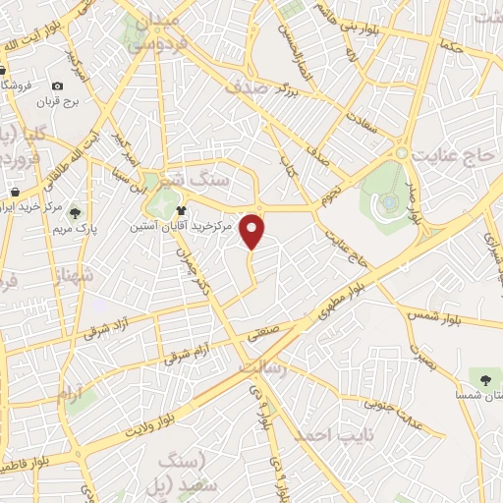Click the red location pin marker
pyautogui.click(x=253, y=230)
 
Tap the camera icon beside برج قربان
pyautogui.click(x=58, y=85)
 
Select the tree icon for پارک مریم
pyautogui.click(x=76, y=212)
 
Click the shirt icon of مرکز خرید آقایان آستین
pyautogui.click(x=181, y=210)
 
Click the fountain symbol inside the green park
pyautogui.click(x=391, y=201)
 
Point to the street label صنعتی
pyautogui.click(x=263, y=334)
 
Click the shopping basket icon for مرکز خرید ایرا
pyautogui.click(x=15, y=191)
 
